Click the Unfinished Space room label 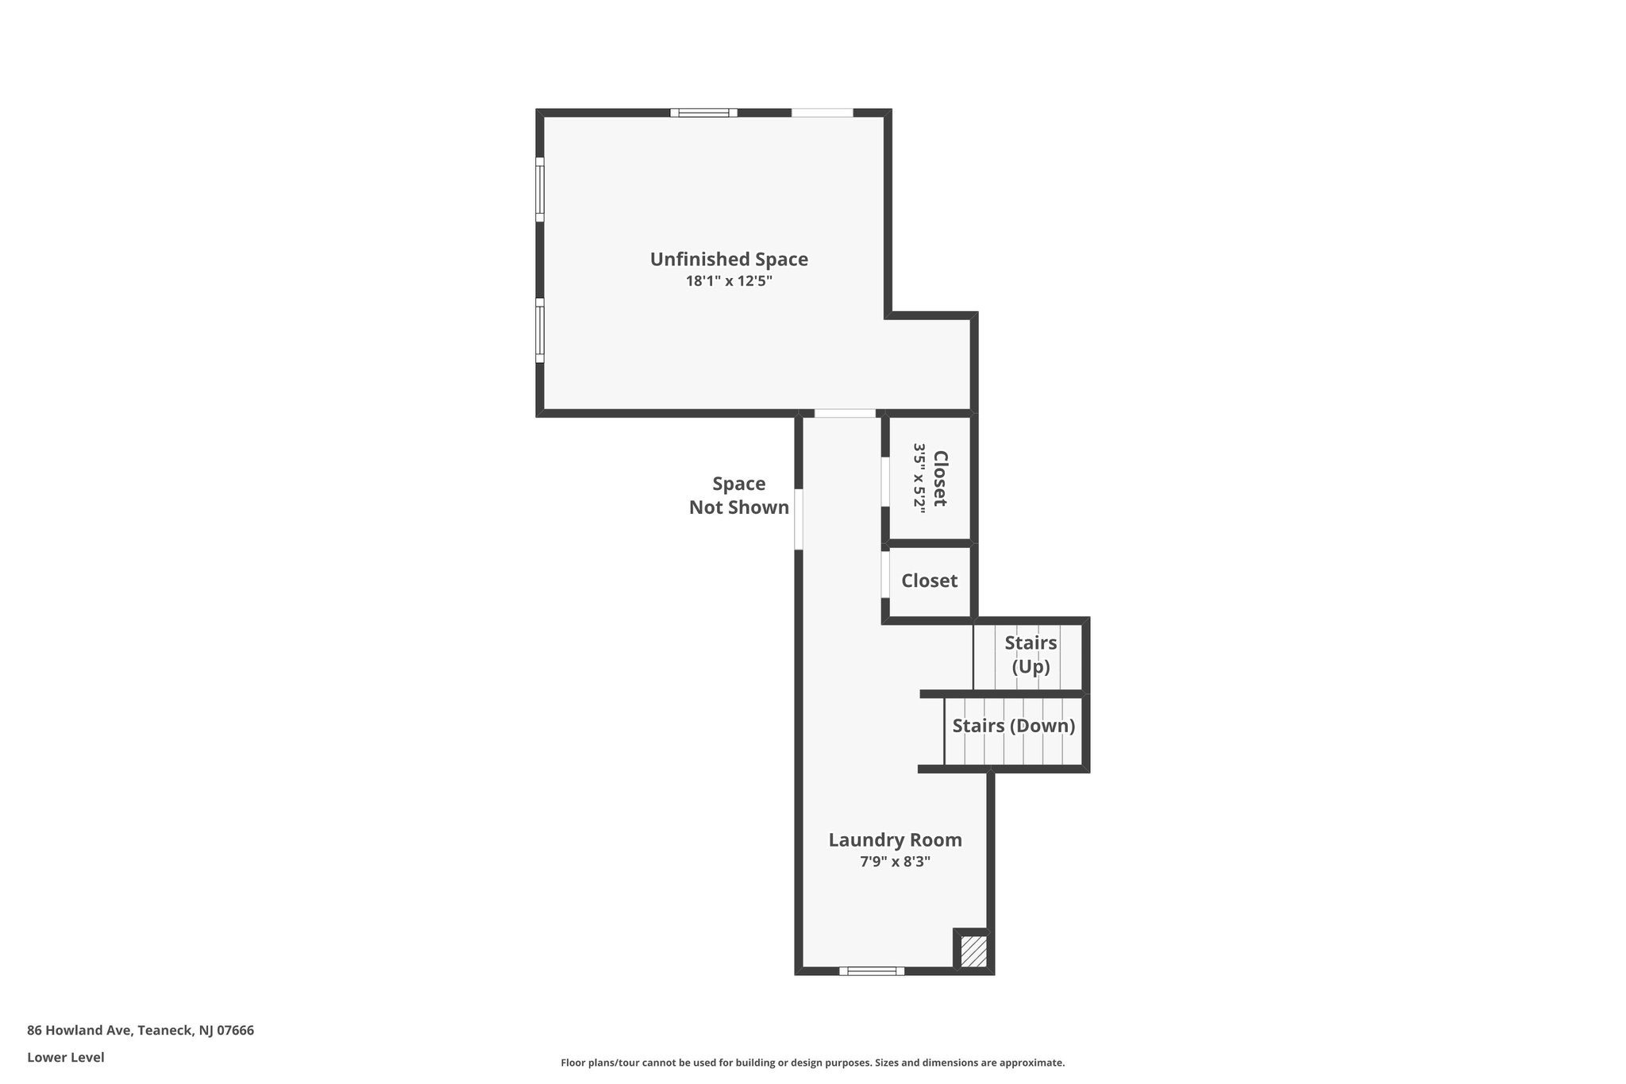pyautogui.click(x=729, y=259)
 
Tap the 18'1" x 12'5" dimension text pyautogui.click(x=729, y=280)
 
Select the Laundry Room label pyautogui.click(x=895, y=840)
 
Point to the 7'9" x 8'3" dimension pyautogui.click(x=895, y=862)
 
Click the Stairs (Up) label pyautogui.click(x=1031, y=654)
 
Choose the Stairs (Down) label pyautogui.click(x=1014, y=726)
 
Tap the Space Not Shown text pyautogui.click(x=739, y=496)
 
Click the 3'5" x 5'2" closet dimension pyautogui.click(x=919, y=479)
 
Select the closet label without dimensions pyautogui.click(x=929, y=581)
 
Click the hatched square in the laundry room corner pyautogui.click(x=973, y=951)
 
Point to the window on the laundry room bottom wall pyautogui.click(x=872, y=970)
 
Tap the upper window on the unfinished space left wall pyautogui.click(x=540, y=189)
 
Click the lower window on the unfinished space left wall pyautogui.click(x=540, y=330)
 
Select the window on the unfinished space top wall pyautogui.click(x=703, y=113)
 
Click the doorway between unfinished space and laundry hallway pyautogui.click(x=845, y=413)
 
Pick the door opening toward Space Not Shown pyautogui.click(x=799, y=519)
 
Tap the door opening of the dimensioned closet pyautogui.click(x=885, y=481)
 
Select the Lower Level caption pyautogui.click(x=66, y=1057)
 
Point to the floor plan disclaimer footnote pyautogui.click(x=813, y=1063)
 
